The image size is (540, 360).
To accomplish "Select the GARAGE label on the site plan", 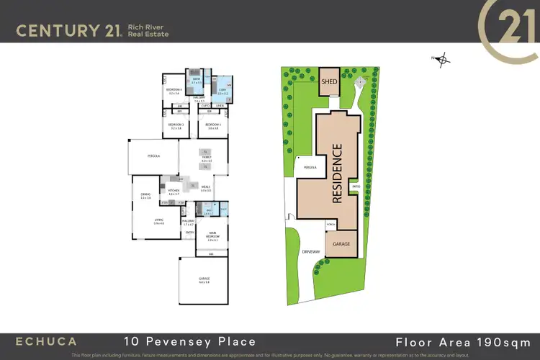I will tap(341, 244).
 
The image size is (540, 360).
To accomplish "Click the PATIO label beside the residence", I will tap(356, 187).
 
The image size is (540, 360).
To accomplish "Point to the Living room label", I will tap(158, 222).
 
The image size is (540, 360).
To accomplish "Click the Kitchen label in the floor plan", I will tap(173, 192).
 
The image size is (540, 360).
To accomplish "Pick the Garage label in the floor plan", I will tap(203, 280).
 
